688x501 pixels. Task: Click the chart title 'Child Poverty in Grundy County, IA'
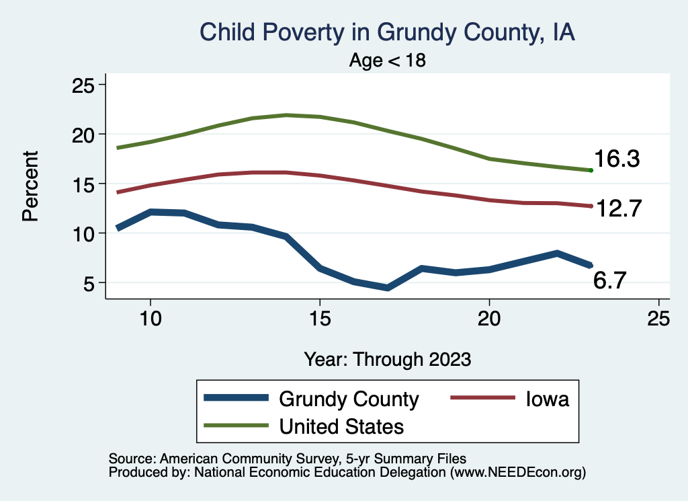tap(388, 33)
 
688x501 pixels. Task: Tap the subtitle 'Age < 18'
tap(388, 61)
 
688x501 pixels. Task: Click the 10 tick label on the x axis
tap(150, 319)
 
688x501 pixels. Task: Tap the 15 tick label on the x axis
tap(320, 319)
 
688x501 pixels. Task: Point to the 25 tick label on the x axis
tap(658, 319)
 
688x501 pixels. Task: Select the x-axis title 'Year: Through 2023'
tap(388, 358)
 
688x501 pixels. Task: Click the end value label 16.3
tap(616, 160)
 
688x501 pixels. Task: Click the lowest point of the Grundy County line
tap(388, 288)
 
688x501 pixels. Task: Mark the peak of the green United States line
tap(287, 115)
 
